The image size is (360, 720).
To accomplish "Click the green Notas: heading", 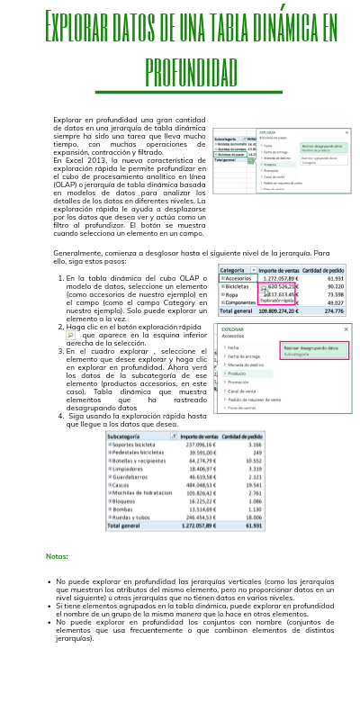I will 57,556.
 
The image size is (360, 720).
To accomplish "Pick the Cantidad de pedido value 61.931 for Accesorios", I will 334,279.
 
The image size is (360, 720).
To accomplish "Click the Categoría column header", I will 234,270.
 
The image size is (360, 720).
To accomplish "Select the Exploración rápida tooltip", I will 278,301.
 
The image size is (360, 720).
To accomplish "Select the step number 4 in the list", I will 60,417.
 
